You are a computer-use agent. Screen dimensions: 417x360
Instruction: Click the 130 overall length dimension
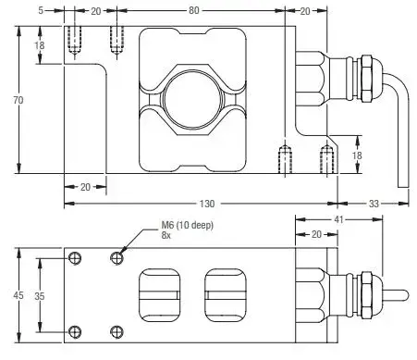point(207,204)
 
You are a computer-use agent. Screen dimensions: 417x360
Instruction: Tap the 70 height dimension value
point(18,100)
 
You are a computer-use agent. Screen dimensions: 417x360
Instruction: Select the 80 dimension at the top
point(193,10)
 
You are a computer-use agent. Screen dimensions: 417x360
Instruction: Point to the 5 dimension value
point(41,10)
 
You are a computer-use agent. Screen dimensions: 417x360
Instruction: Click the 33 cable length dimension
point(374,204)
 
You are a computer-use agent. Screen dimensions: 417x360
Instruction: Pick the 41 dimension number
point(338,219)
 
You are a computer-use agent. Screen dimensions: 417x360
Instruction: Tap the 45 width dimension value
point(18,295)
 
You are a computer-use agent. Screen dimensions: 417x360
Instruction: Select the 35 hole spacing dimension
point(40,296)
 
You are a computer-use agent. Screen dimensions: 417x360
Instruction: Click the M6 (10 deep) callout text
point(187,225)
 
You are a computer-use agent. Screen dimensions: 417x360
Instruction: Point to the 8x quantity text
point(166,235)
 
